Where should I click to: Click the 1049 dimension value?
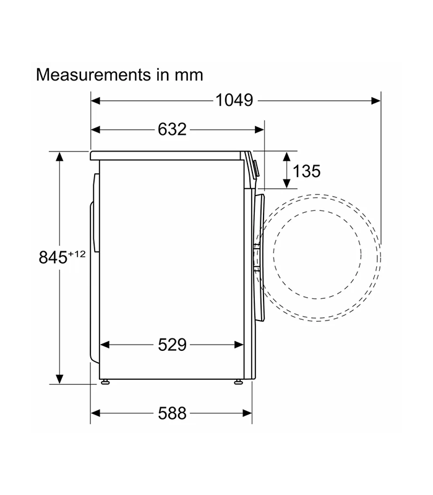click(x=234, y=100)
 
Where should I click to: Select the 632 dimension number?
click(x=172, y=129)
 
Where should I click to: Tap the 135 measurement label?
click(x=306, y=171)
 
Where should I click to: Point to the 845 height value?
click(x=53, y=257)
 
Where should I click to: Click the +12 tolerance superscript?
click(x=77, y=254)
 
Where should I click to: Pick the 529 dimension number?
click(x=172, y=345)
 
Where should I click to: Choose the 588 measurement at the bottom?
click(x=172, y=413)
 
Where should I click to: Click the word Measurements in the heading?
click(x=93, y=75)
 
